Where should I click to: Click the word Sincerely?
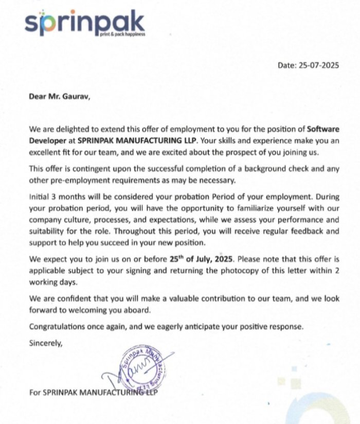tap(46, 342)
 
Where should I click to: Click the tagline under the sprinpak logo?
tap(122, 34)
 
